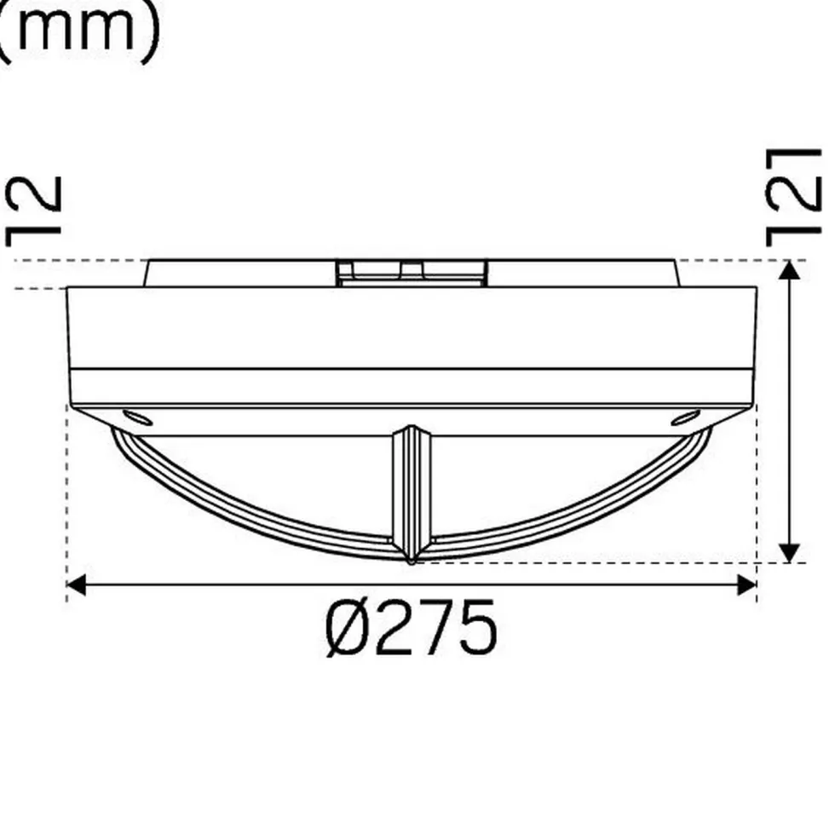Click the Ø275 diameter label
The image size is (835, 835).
[x=411, y=629]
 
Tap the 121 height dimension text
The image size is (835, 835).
[x=793, y=197]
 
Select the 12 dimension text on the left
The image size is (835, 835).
[x=33, y=211]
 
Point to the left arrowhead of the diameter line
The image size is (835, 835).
[x=76, y=584]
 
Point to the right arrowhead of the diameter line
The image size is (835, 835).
[x=746, y=584]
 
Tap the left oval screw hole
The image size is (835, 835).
[x=138, y=417]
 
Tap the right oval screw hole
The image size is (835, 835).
[x=685, y=417]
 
